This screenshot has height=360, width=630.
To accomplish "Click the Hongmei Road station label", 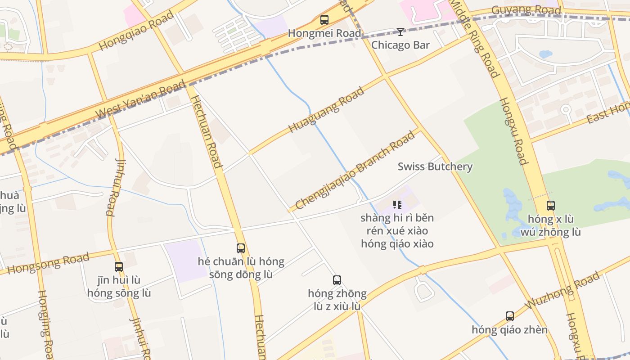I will click(x=324, y=33).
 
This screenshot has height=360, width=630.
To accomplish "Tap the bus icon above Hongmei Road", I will click(x=324, y=20).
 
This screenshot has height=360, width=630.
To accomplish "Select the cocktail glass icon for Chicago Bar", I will click(x=400, y=31).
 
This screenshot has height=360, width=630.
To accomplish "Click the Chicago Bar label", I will click(x=400, y=45).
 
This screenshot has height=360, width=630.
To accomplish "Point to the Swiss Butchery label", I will click(x=435, y=166).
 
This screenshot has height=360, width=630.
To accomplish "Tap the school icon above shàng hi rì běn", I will click(x=397, y=205).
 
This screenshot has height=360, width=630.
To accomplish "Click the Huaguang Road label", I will click(x=326, y=110).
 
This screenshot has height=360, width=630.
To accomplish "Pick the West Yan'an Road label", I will click(x=141, y=99).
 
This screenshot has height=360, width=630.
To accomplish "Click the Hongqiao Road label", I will click(x=136, y=31).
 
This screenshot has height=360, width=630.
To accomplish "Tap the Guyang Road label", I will click(x=526, y=10).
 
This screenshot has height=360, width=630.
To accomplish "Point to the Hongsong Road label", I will click(x=48, y=263).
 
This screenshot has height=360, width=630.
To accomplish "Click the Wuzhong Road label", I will click(x=562, y=290).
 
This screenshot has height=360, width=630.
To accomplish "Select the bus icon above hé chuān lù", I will click(x=241, y=248).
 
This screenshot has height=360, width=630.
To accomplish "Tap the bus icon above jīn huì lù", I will click(x=119, y=267).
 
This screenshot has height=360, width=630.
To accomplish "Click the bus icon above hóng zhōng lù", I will click(x=337, y=280).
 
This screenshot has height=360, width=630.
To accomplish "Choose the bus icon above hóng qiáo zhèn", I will click(x=509, y=316).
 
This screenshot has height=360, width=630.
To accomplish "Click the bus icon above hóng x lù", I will click(x=550, y=206).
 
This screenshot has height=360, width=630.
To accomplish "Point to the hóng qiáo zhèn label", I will click(x=509, y=330).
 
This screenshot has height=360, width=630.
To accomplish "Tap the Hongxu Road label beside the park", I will click(x=513, y=131).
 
